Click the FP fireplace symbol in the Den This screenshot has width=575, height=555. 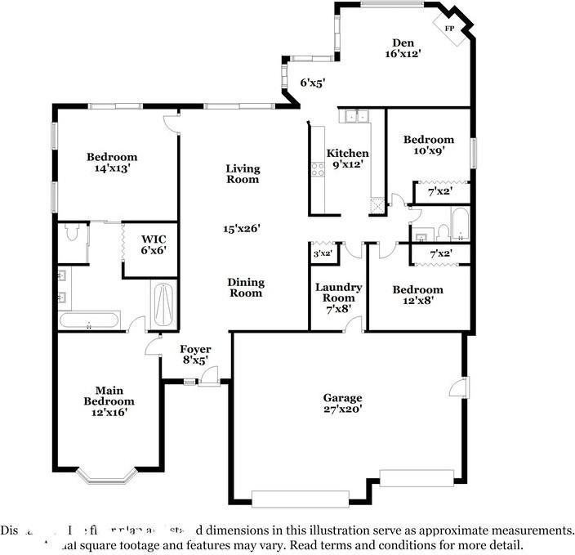[449, 29]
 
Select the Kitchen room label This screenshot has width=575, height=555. [348, 154]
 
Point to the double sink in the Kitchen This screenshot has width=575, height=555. [355, 117]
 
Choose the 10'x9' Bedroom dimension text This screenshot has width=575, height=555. [429, 150]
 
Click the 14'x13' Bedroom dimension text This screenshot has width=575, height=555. [112, 168]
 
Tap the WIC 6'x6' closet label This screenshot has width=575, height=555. [148, 250]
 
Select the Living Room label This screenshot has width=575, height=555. [243, 174]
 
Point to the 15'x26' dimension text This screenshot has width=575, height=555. [243, 229]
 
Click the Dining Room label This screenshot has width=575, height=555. [245, 288]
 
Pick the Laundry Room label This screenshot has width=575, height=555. [339, 293]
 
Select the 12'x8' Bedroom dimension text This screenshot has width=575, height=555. [417, 300]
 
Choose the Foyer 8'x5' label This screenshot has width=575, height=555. [194, 354]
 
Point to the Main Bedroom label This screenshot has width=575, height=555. [109, 396]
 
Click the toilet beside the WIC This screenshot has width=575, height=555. [73, 235]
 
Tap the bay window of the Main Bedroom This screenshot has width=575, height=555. [109, 475]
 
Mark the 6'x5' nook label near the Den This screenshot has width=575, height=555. [313, 83]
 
